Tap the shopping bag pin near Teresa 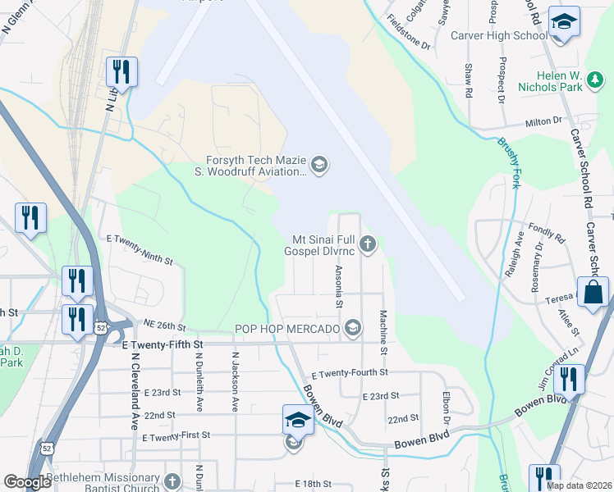[x=593, y=293]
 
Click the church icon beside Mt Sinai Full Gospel [x=369, y=244]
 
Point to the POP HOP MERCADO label [x=287, y=329]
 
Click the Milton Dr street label [x=544, y=122]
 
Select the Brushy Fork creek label [x=509, y=163]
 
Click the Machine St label [x=383, y=327]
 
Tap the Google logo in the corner [x=27, y=482]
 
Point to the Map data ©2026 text [x=579, y=485]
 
